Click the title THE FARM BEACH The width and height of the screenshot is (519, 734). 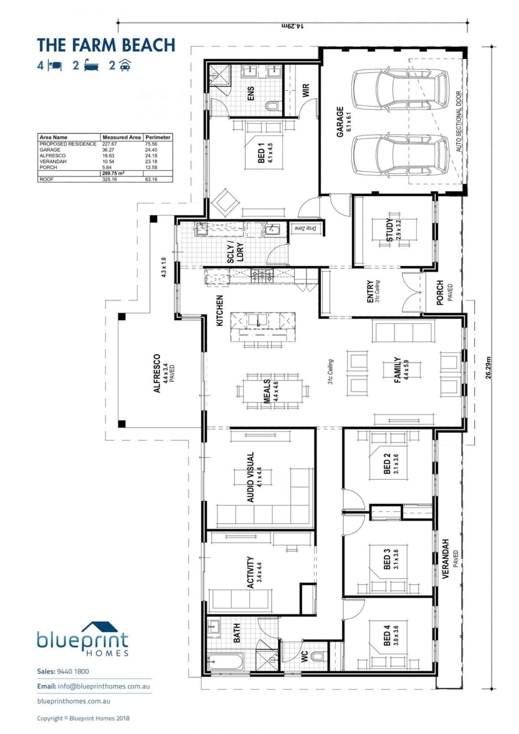tap(106, 45)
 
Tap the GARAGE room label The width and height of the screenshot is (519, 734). tap(340, 122)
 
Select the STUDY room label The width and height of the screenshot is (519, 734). tap(390, 230)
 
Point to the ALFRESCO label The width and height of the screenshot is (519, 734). tap(157, 373)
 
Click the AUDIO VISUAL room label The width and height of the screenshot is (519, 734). tap(251, 477)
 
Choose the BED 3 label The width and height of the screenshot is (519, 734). tap(387, 559)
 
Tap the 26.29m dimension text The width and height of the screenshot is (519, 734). tap(488, 367)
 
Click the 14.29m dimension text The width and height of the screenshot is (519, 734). tap(292, 26)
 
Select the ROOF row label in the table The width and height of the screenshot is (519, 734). tap(47, 179)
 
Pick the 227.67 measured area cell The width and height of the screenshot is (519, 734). tap(109, 144)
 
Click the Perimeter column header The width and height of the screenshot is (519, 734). tap(158, 137)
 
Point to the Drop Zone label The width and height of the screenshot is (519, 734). tap(305, 228)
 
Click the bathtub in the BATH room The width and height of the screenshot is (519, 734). tap(225, 663)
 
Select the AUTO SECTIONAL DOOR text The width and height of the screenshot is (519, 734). tap(459, 121)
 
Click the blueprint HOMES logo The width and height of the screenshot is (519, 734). tap(83, 639)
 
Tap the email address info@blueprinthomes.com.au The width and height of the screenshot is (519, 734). tap(104, 686)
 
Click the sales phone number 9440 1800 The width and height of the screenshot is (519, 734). tap(73, 671)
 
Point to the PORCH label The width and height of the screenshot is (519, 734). tap(440, 292)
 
